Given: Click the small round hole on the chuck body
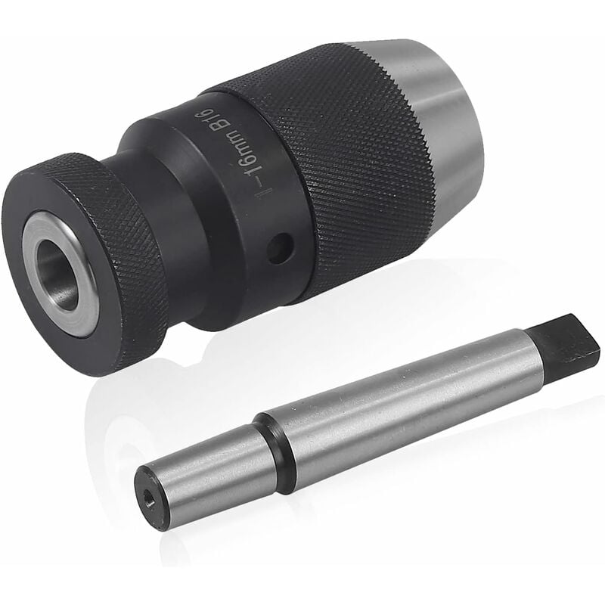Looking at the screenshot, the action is [x=280, y=247].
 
